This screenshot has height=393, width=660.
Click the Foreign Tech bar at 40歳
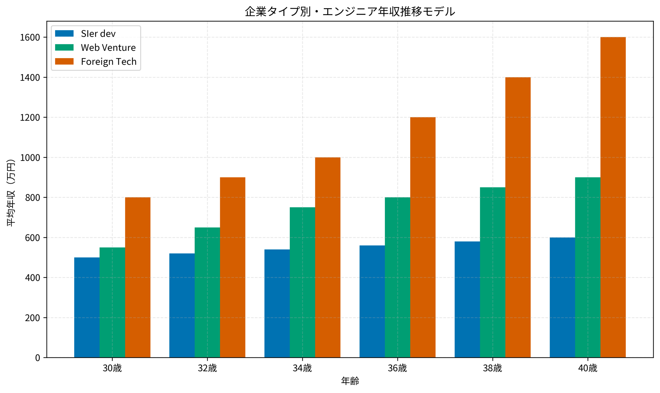(613, 197)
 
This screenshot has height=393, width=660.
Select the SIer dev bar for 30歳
(87, 308)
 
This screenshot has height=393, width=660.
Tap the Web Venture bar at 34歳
(302, 282)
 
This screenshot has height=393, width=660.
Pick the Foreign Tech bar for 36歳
(423, 237)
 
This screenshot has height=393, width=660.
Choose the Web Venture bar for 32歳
(207, 292)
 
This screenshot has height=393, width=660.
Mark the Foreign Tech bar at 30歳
(138, 277)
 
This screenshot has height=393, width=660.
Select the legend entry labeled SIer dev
(98, 34)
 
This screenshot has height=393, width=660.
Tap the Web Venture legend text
(108, 48)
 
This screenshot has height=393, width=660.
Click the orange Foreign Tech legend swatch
(64, 62)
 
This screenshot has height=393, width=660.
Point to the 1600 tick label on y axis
(30, 38)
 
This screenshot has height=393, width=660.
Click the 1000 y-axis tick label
(30, 158)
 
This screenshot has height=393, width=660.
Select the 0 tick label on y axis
(38, 358)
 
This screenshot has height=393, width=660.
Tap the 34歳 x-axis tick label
(302, 368)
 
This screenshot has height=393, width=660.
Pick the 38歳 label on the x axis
(492, 368)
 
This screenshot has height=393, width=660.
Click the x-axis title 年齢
(350, 381)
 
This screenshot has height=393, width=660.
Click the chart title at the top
(350, 12)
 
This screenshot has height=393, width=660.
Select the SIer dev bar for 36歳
(372, 301)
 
